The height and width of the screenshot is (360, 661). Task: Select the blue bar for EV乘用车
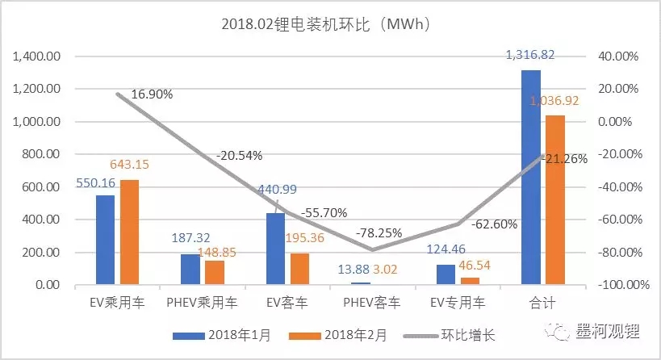coord(106,240)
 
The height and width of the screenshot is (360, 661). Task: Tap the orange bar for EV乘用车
coord(129,232)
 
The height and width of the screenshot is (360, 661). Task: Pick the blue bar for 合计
coord(530,178)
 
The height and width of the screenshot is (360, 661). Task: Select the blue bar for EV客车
coord(276,249)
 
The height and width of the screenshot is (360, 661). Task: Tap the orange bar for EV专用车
coord(470,281)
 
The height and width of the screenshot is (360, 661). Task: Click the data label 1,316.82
coord(531,54)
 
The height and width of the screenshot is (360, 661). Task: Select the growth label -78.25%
coord(374,232)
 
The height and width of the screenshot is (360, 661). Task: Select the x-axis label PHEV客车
coord(373,304)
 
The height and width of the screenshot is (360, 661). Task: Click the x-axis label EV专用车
coord(458,304)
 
